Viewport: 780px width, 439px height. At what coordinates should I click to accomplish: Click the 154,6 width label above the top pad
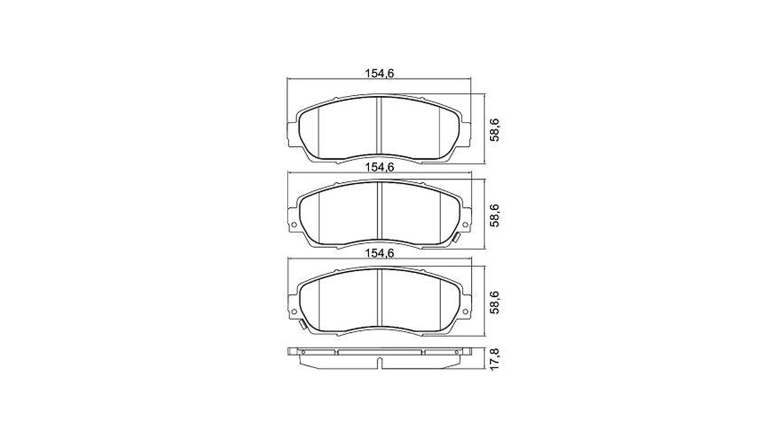[x=379, y=74]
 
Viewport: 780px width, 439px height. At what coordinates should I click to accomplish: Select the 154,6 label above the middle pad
[x=379, y=167]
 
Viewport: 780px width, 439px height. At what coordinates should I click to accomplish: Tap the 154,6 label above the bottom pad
[x=379, y=253]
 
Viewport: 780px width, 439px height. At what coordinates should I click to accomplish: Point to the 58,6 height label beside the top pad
[x=495, y=130]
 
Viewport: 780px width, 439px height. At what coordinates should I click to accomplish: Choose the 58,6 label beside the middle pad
[x=495, y=215]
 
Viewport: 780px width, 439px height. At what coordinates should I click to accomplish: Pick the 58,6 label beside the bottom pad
[x=495, y=302]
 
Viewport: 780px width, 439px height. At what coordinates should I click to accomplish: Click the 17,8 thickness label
[x=495, y=359]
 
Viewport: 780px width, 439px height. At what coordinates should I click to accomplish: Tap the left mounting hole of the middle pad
[x=293, y=224]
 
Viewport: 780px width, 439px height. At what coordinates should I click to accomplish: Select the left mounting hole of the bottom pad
[x=293, y=311]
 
